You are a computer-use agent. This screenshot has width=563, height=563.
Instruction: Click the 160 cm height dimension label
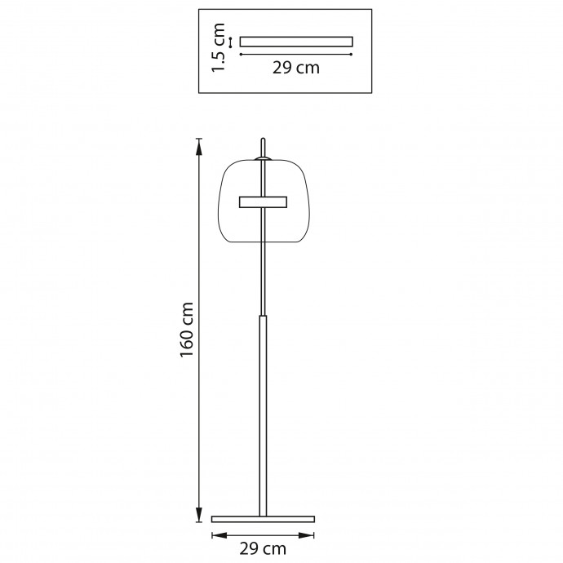(x=187, y=330)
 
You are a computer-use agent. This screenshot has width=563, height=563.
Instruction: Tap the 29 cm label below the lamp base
(x=263, y=548)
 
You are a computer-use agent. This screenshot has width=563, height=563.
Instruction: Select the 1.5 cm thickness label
(x=218, y=48)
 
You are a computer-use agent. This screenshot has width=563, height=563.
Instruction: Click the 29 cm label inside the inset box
(x=296, y=68)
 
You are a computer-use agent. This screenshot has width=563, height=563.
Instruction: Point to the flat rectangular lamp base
(x=264, y=519)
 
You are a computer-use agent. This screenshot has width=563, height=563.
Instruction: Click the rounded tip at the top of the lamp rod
(x=264, y=140)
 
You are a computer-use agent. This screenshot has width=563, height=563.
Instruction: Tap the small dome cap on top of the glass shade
(x=264, y=158)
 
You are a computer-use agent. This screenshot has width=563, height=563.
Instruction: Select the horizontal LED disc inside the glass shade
(x=264, y=202)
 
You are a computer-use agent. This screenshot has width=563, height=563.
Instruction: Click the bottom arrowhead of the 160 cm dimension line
(x=198, y=514)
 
